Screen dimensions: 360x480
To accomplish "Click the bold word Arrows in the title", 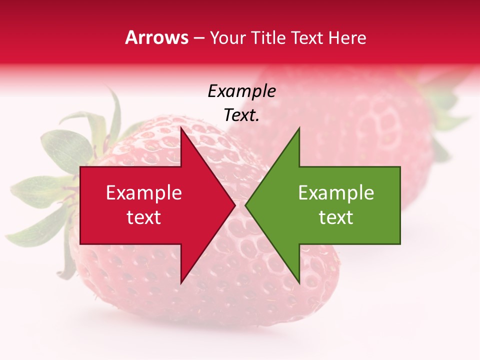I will coord(157,37).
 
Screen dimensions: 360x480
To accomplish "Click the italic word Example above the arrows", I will coord(241,91).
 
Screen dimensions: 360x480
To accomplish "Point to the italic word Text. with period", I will coord(241,115).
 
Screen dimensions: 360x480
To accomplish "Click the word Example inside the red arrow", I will coord(144,193).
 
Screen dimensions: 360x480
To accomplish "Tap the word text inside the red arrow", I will coord(144,217).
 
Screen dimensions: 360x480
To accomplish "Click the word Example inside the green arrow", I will coord(336,193).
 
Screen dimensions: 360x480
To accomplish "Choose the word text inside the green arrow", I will coord(336,217).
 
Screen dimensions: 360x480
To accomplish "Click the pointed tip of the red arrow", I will coord(234,205).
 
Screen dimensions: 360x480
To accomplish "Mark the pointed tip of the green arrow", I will coord(246,205).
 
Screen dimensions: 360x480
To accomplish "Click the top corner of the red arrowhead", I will coord(181,128).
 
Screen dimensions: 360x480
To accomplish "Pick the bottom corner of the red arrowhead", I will coord(181,282).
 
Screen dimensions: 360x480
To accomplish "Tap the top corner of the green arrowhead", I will coord(299,128).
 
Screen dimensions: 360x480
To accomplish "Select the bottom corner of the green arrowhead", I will coord(299,282).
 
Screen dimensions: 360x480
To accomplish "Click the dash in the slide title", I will coord(198,38).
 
